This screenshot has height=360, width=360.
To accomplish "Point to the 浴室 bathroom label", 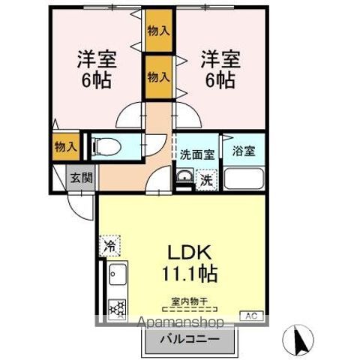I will (244, 150).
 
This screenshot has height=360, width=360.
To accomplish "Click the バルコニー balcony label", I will (189, 339).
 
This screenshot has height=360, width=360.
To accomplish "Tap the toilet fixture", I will (109, 146).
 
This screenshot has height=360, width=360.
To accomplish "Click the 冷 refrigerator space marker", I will (110, 245).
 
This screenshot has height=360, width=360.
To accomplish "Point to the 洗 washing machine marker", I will (207, 179).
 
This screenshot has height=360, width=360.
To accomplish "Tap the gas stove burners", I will (116, 307).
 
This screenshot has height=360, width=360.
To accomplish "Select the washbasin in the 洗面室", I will (183, 178).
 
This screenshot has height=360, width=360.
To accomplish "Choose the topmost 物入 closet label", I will (157, 31).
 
